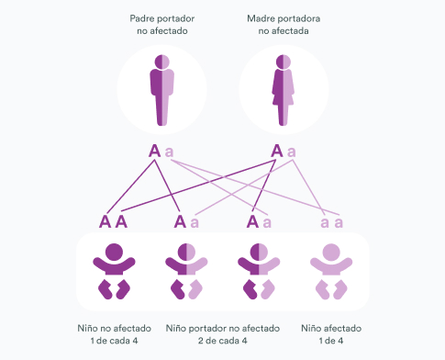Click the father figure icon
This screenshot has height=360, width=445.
[x=161, y=90]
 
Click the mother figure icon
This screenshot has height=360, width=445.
[x=284, y=90]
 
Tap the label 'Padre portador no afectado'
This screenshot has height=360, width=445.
[x=162, y=25]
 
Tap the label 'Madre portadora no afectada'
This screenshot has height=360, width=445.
[x=284, y=25]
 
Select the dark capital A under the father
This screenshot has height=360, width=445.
[x=154, y=151]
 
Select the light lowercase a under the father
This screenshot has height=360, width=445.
[x=169, y=152]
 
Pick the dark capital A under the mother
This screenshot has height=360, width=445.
[x=277, y=151]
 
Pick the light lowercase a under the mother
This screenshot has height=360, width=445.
[x=292, y=152]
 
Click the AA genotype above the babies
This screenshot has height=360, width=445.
[x=113, y=221]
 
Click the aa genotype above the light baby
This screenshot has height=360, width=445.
[x=331, y=222]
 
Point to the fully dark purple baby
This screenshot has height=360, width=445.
[x=114, y=271]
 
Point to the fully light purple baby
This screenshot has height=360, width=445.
[x=331, y=271]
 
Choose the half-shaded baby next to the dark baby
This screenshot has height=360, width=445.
[x=186, y=271]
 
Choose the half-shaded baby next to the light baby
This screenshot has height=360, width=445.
[x=259, y=271]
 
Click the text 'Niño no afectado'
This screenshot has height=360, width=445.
[x=114, y=328]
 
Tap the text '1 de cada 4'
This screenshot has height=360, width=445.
[x=114, y=341]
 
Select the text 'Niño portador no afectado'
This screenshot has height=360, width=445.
[x=223, y=328]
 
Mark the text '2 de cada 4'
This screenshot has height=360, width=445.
[x=223, y=341]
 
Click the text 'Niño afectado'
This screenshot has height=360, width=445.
[x=331, y=328]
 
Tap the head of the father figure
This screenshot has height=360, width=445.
[x=161, y=62]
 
